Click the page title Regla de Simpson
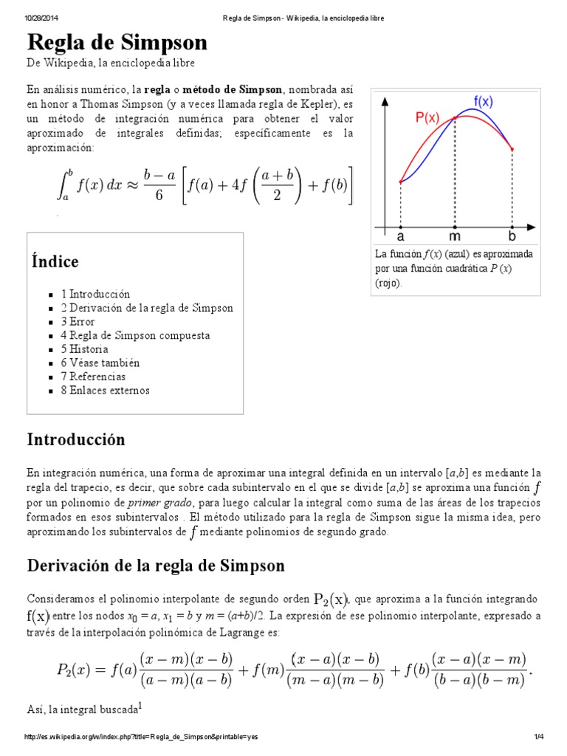point(117,42)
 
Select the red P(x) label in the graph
point(427,117)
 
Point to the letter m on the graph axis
point(454,238)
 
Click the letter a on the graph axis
point(400,238)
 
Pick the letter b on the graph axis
point(512,238)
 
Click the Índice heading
point(55,261)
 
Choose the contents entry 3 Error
point(78,321)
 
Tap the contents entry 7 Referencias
point(93,377)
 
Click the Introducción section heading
point(76,439)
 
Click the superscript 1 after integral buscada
point(140,706)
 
